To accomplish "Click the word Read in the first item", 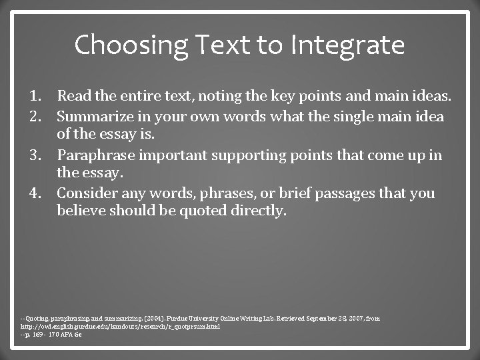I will pos(73,98).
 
